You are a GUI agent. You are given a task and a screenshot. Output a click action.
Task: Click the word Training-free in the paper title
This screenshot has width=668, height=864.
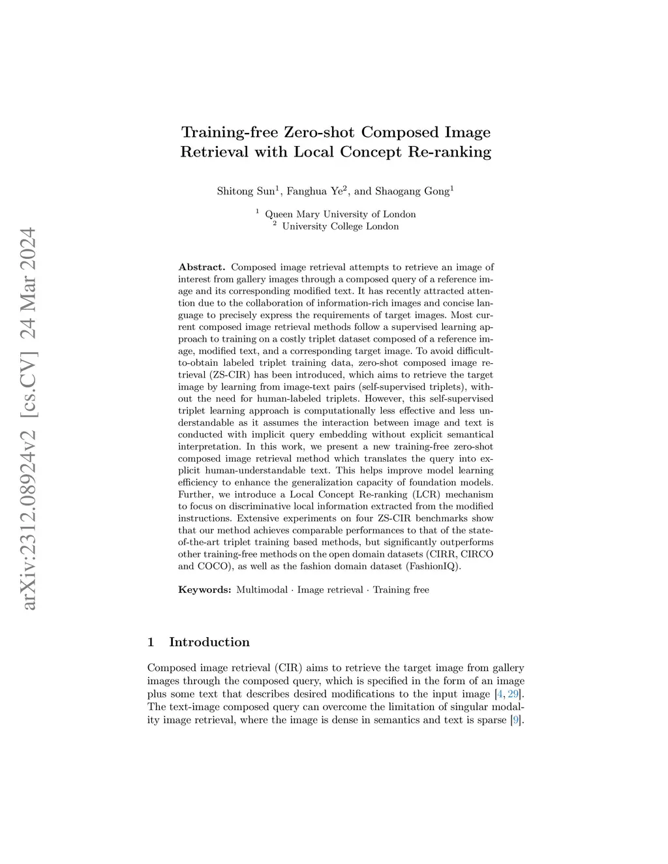click(x=230, y=132)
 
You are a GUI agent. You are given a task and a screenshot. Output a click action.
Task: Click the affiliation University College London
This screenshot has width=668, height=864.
click(x=340, y=226)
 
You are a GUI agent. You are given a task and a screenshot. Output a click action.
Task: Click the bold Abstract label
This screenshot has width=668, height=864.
click(x=202, y=267)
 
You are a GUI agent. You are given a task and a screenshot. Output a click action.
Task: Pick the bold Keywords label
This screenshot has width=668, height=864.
click(x=204, y=589)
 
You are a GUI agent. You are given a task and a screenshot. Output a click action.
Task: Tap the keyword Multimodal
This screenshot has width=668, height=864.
click(x=262, y=589)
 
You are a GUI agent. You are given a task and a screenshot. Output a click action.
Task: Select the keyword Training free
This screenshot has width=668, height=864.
click(x=401, y=589)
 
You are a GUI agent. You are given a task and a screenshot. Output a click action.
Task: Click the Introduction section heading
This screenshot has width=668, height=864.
click(x=209, y=642)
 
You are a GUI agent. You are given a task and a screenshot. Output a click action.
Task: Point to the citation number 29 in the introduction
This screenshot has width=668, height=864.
click(x=513, y=694)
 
